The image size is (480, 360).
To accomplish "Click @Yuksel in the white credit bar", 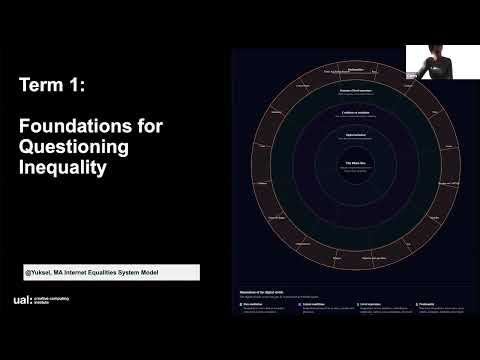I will [40, 272].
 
